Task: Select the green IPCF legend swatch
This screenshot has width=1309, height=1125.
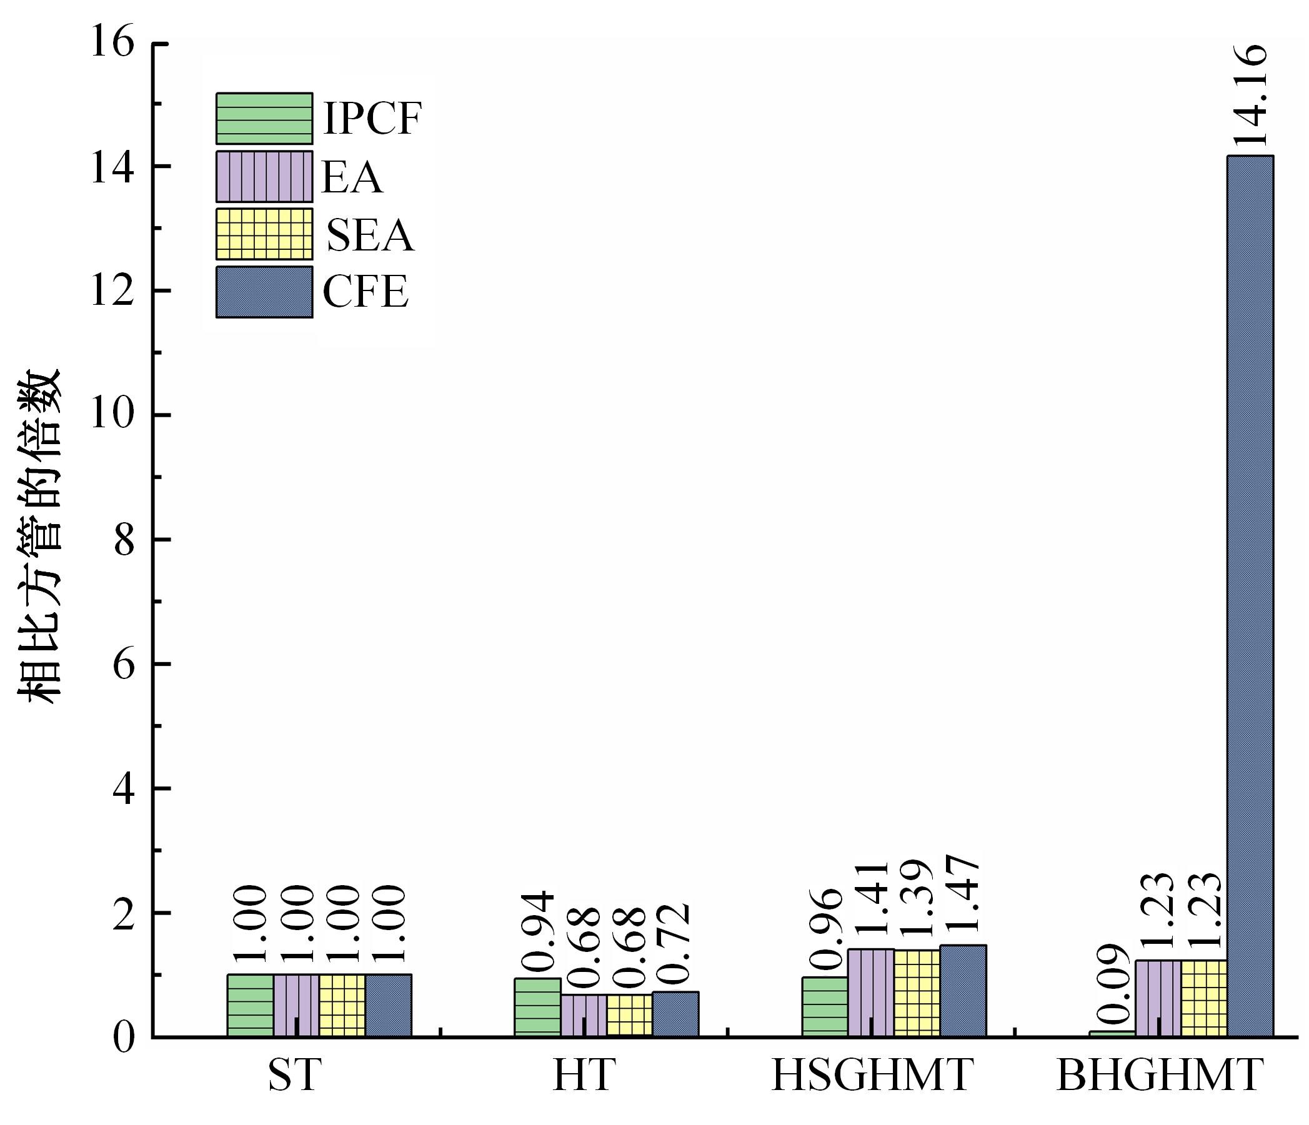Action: click(264, 118)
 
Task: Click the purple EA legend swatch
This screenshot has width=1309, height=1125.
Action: click(264, 176)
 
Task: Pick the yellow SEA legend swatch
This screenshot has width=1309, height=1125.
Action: click(264, 234)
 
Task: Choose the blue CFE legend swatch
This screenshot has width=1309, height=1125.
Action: click(264, 291)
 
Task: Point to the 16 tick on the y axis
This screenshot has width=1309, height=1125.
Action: click(113, 44)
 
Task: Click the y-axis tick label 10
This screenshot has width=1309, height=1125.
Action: click(113, 415)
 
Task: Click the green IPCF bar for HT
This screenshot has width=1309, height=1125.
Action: click(537, 1007)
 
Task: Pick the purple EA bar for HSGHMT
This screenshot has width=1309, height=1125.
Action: click(870, 993)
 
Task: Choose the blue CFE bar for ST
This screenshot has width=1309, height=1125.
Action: click(388, 1005)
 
